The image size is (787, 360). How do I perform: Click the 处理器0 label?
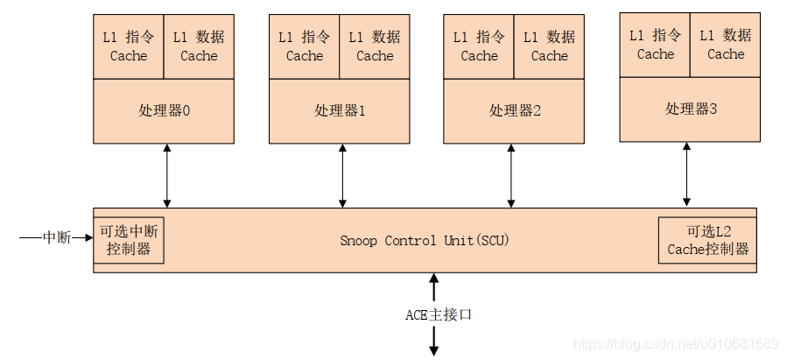click(x=164, y=111)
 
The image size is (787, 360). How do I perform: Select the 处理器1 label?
click(x=340, y=111)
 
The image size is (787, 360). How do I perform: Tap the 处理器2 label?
click(x=515, y=111)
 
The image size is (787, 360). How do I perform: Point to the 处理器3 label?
click(x=691, y=109)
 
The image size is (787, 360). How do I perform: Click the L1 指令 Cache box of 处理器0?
click(x=129, y=46)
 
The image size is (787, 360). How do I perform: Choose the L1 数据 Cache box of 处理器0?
click(x=199, y=46)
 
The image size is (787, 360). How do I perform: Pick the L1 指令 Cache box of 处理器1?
click(x=304, y=46)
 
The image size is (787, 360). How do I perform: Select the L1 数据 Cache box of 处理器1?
click(x=375, y=46)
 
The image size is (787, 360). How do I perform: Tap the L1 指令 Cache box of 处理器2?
click(x=479, y=46)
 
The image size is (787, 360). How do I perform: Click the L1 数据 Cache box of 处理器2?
click(x=549, y=46)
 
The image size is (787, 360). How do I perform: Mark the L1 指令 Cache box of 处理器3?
click(x=655, y=45)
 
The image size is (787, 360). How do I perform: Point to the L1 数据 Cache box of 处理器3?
click(x=726, y=45)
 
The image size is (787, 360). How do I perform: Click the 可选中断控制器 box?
click(x=129, y=240)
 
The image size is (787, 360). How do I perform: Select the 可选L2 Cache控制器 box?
click(x=707, y=240)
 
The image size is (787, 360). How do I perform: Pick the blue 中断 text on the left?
click(x=57, y=237)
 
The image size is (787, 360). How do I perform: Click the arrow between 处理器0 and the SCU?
click(x=166, y=175)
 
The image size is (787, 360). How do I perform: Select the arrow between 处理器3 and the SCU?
click(x=686, y=173)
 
